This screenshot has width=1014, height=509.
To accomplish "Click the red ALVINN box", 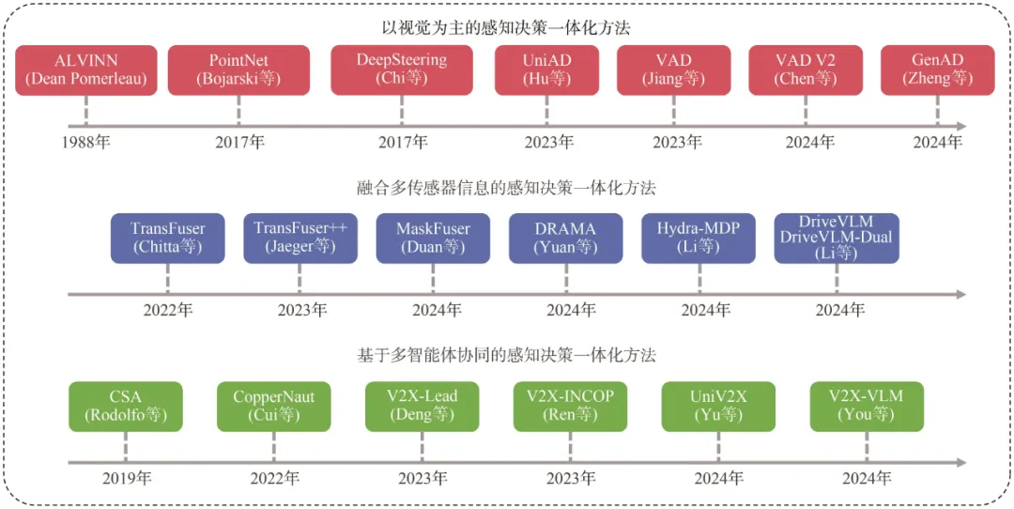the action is pos(86,70).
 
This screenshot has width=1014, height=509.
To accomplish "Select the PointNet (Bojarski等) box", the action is pos(238,70).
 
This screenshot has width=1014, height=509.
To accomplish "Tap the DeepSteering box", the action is pos(402,70).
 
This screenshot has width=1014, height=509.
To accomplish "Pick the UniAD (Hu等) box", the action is pos(546,70).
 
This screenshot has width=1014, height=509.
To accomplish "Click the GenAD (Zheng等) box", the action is pos(938,70).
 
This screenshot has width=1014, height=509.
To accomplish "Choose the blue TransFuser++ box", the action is pos(300,238).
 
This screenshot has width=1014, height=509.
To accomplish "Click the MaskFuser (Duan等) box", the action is pos(433,238).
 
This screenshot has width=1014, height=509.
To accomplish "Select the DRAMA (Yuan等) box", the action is pos(566,238).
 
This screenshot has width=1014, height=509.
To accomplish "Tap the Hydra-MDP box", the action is pos(699,238).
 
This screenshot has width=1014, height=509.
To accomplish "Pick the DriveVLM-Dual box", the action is pos(837,238).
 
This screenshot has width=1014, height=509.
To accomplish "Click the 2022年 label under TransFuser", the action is pos(167,311).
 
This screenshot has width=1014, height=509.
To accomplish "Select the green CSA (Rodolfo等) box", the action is pos(126,406).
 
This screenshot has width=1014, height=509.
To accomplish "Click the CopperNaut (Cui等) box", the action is pos(273,406).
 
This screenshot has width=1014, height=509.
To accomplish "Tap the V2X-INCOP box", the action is pos(571,406).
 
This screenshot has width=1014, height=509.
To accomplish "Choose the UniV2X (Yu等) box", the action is pos(718,406).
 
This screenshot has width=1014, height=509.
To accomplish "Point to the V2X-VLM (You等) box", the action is pos(867,406).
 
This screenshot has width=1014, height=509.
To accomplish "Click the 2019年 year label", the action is pos(126,479).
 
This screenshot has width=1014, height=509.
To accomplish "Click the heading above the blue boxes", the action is pos(506,189).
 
